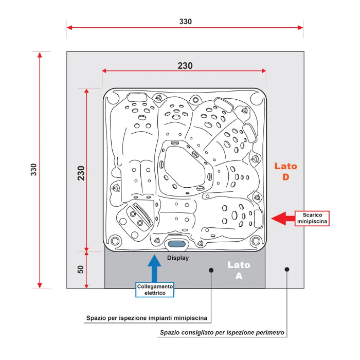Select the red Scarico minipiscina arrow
(282, 219)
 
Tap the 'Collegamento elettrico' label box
(155, 290)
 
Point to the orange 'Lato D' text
(285, 172)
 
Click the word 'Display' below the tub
(178, 258)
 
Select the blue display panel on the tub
(176, 244)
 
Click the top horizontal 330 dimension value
(185, 22)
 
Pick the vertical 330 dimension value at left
(34, 170)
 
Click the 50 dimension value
(81, 270)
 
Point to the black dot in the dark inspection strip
(211, 269)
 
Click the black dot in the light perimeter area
(287, 269)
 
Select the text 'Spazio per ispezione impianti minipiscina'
(147, 319)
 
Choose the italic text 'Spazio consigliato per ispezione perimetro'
(222, 333)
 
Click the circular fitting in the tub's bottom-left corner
(115, 240)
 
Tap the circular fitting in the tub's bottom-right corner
(255, 240)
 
